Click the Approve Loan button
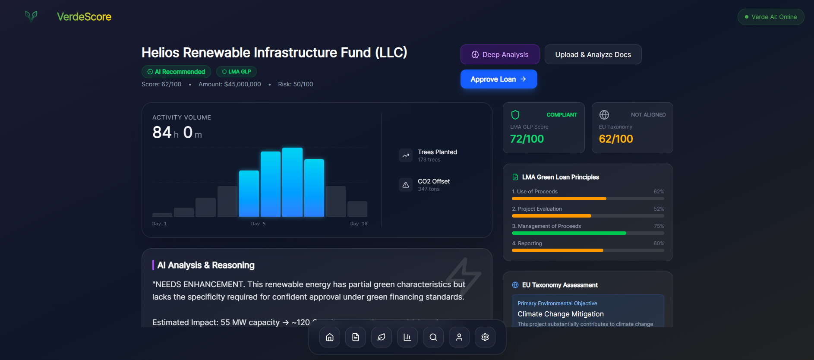click(498, 79)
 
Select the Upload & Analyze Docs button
click(593, 54)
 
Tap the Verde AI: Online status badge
click(770, 17)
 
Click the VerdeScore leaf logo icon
click(31, 16)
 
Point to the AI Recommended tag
click(176, 72)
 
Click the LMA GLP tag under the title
click(236, 72)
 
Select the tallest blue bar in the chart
click(292, 182)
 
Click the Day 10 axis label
click(359, 224)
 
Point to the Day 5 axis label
click(258, 224)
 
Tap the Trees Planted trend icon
click(406, 155)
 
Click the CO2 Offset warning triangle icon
click(406, 185)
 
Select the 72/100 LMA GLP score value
click(527, 139)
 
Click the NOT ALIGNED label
click(648, 115)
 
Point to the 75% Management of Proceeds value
click(659, 226)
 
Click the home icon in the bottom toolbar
click(330, 337)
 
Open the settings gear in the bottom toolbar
click(485, 337)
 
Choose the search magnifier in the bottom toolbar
click(433, 337)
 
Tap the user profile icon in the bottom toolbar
click(459, 337)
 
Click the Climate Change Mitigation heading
click(560, 314)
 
